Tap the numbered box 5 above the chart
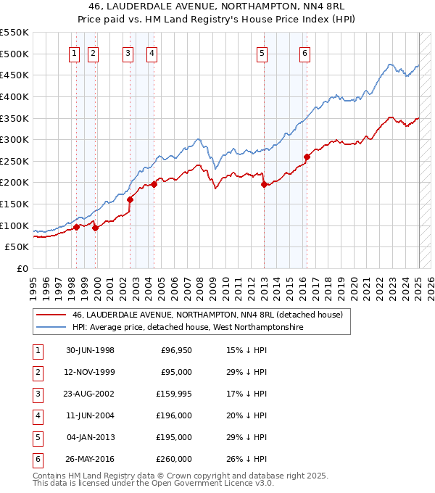pyautogui.click(x=262, y=52)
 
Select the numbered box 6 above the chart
pyautogui.click(x=305, y=52)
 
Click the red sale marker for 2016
pyautogui.click(x=307, y=157)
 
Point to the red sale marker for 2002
pyautogui.click(x=130, y=199)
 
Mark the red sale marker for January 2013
pyautogui.click(x=263, y=184)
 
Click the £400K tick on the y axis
pyautogui.click(x=14, y=96)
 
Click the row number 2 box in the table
pyautogui.click(x=36, y=373)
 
